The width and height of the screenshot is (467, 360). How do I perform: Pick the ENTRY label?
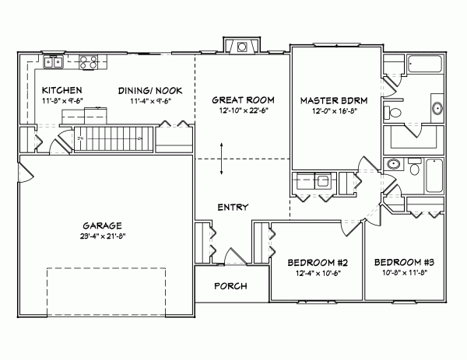[233, 207]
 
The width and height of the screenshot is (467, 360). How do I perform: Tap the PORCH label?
[230, 286]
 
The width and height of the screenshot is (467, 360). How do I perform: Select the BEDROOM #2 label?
[316, 261]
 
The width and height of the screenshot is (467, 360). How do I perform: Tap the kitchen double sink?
[53, 61]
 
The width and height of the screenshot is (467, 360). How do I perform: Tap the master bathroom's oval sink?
[394, 165]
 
